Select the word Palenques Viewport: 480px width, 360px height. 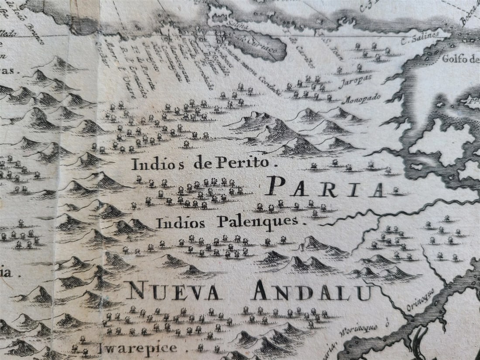257,222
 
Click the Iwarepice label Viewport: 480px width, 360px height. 137,348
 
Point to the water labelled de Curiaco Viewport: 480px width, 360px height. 262,46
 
